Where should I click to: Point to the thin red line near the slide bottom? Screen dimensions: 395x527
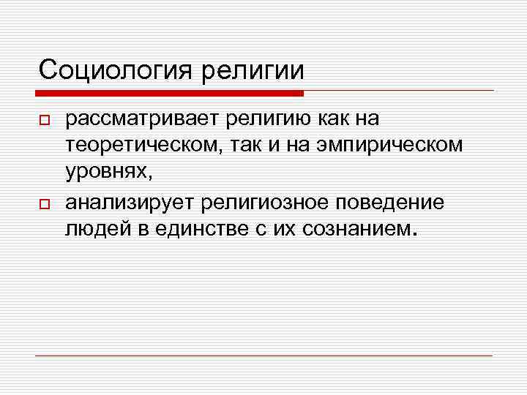pyautogui.click(x=263, y=355)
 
